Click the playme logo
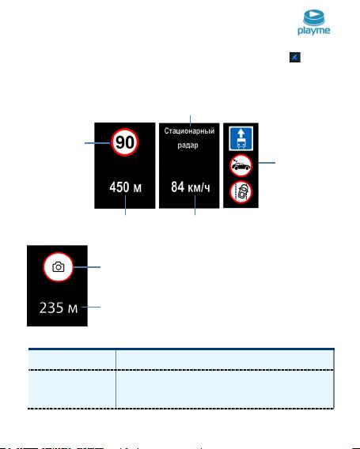pos(314,22)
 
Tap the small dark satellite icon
pos(295,57)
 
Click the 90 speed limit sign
pos(125,142)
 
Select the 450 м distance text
pos(125,187)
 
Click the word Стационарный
pos(189,131)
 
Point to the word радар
pos(188,145)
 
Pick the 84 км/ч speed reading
pos(191,187)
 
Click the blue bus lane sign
pos(241,139)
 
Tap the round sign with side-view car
pos(241,165)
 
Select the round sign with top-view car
pos(241,192)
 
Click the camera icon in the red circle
pos(59,267)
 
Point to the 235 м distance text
pos(59,308)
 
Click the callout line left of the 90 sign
pos(98,142)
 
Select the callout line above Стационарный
pos(191,120)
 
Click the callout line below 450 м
pos(125,205)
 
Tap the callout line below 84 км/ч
pos(195,205)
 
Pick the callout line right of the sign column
pos(267,163)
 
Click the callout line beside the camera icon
pos(87,267)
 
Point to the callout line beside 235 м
pos(91,307)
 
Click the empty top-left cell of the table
pos(72,360)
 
